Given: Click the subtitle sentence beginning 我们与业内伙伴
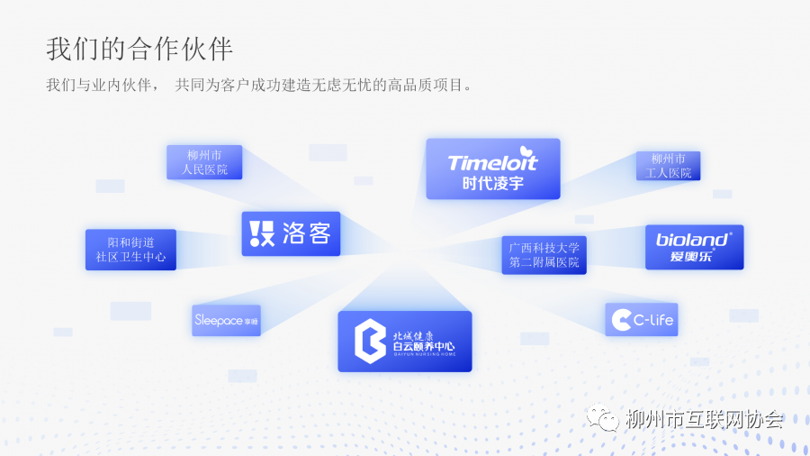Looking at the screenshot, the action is pyautogui.click(x=259, y=86).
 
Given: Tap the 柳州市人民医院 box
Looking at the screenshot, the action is pyautogui.click(x=204, y=162).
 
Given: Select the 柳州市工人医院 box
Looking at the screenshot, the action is pyautogui.click(x=668, y=166).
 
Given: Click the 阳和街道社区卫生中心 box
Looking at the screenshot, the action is pyautogui.click(x=130, y=250).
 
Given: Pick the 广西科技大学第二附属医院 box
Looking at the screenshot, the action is pyautogui.click(x=544, y=255).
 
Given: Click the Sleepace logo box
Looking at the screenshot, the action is pyautogui.click(x=226, y=320).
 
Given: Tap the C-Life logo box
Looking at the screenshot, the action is pyautogui.click(x=641, y=320).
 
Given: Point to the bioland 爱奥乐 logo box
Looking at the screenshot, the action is pyautogui.click(x=694, y=247).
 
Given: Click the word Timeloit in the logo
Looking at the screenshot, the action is pyautogui.click(x=492, y=163).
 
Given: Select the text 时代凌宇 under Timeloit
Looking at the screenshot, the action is pyautogui.click(x=492, y=183).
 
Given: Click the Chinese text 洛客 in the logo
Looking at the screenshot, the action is pyautogui.click(x=307, y=234).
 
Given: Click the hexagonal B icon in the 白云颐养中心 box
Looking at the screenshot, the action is pyautogui.click(x=369, y=341).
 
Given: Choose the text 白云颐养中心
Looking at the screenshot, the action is pyautogui.click(x=424, y=346).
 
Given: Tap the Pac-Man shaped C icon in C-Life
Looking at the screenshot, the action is pyautogui.click(x=621, y=320).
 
